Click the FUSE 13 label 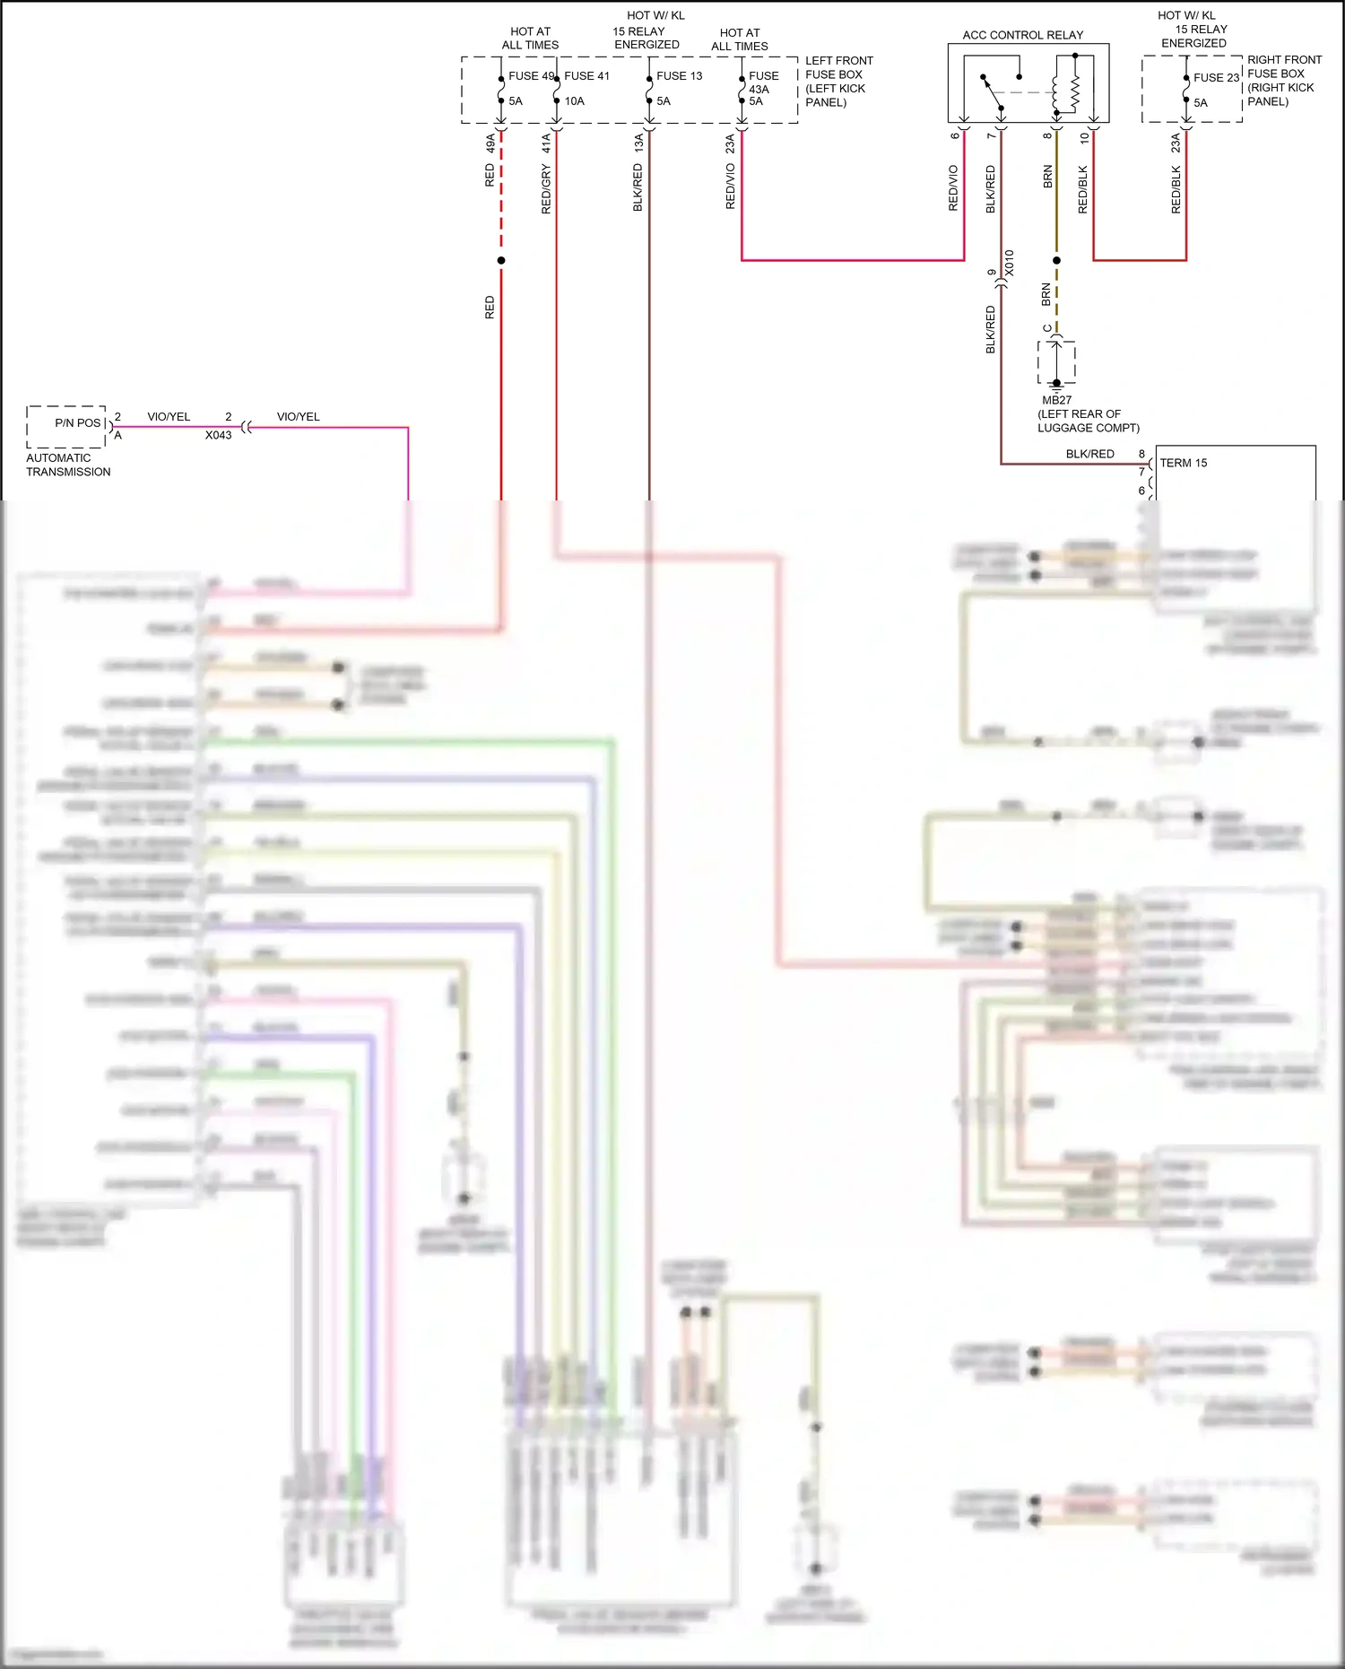click(x=679, y=76)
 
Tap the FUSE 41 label click(x=586, y=76)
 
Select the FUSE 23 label click(x=1216, y=78)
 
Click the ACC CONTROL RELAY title click(x=1022, y=35)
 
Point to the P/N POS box click(x=66, y=426)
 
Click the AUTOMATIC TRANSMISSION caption click(x=68, y=465)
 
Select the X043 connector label click(x=218, y=436)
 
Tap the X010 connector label click(x=1010, y=263)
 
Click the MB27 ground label click(x=1056, y=401)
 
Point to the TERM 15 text click(x=1183, y=464)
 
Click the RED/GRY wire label click(x=546, y=189)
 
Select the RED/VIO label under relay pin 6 click(x=953, y=188)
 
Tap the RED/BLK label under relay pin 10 click(x=1082, y=189)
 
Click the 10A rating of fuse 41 click(x=574, y=101)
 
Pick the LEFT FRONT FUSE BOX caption click(x=838, y=82)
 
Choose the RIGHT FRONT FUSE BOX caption click(x=1283, y=81)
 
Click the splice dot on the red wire click(x=501, y=261)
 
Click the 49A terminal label click(x=490, y=143)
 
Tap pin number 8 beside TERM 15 click(x=1141, y=455)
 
